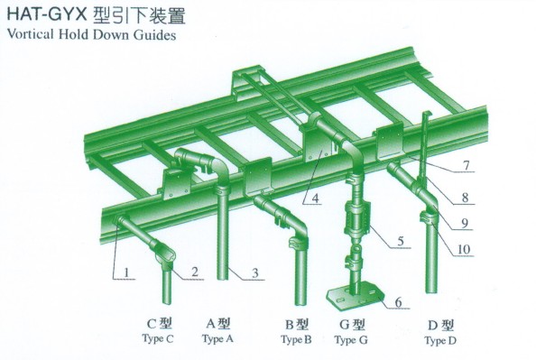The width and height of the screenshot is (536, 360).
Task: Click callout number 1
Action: (x=127, y=272)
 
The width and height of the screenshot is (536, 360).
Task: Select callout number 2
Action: (x=195, y=272)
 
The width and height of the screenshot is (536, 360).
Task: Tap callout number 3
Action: (x=255, y=272)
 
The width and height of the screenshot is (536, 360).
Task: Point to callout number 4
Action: (x=315, y=198)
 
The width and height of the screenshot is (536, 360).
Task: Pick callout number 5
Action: (x=401, y=241)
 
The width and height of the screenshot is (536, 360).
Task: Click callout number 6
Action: (x=398, y=302)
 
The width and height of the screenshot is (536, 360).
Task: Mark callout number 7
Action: (x=467, y=166)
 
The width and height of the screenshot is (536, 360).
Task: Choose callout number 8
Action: (x=465, y=198)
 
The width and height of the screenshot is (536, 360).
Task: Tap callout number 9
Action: (x=465, y=223)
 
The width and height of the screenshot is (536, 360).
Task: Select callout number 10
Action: (x=464, y=250)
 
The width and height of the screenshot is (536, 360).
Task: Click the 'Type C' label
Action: (x=158, y=339)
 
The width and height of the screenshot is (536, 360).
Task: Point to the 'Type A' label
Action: (x=217, y=339)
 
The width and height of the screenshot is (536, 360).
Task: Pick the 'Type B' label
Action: (x=296, y=340)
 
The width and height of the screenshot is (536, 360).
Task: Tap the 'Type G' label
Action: (x=351, y=340)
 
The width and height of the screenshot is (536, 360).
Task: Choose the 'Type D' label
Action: (x=440, y=341)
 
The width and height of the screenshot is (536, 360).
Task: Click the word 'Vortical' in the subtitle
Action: (x=31, y=34)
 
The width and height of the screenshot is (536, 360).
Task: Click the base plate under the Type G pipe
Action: (x=356, y=297)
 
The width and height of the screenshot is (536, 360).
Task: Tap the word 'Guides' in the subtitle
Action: (x=154, y=35)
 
